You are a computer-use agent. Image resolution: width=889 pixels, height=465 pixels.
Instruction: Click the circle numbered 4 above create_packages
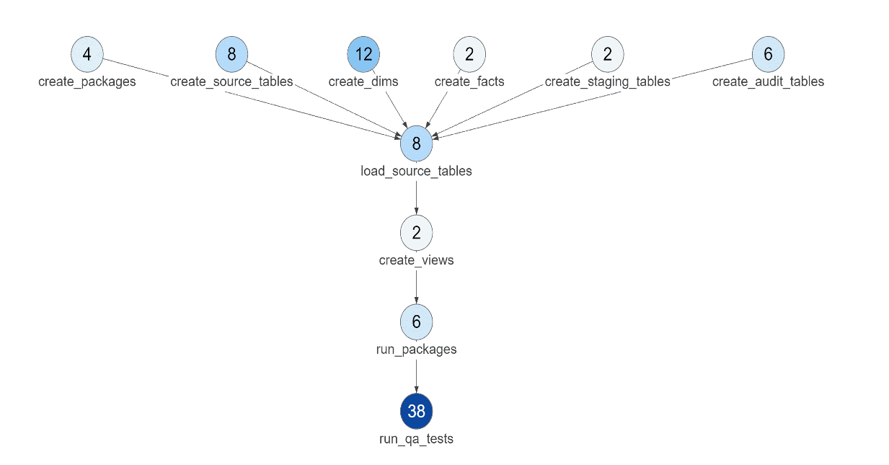point(87,54)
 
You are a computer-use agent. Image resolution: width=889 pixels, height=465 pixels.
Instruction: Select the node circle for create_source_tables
point(231,54)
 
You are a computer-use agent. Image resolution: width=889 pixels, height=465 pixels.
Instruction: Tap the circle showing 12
point(363,54)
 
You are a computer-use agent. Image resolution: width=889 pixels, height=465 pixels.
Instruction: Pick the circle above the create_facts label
point(469,54)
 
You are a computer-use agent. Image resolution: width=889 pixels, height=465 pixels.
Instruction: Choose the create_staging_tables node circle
point(608,54)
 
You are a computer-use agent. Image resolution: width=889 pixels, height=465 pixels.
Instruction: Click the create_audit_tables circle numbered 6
point(768,54)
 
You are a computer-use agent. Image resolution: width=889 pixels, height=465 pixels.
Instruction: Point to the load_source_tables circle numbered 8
point(417,143)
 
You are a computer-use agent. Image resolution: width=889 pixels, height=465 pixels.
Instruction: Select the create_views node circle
point(417,232)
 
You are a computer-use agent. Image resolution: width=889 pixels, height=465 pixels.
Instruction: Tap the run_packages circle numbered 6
point(417,322)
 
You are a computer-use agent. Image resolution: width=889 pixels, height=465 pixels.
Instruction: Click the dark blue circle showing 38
point(417,411)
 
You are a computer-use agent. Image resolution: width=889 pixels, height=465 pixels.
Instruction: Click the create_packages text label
point(87,81)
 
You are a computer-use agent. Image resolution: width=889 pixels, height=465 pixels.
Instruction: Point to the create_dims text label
point(363,81)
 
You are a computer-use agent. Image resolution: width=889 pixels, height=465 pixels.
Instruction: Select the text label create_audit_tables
point(768,81)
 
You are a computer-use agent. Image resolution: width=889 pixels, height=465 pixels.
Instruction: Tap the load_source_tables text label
point(417,171)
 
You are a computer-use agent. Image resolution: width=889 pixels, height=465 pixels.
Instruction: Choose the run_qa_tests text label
point(417,438)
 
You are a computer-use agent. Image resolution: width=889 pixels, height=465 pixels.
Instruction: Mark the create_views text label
point(417,260)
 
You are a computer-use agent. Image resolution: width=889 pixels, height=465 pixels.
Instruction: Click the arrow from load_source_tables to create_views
point(417,196)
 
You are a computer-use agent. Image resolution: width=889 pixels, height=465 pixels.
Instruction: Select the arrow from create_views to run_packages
point(417,286)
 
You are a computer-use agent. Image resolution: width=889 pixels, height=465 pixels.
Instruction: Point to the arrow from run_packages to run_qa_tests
point(417,376)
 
